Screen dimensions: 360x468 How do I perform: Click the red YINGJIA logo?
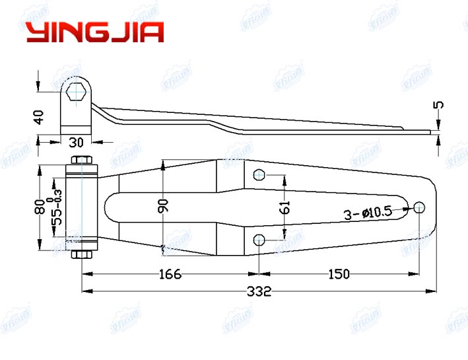tap(94, 32)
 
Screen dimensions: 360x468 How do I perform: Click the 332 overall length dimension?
tap(258, 291)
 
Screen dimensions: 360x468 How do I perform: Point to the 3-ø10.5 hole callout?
tap(368, 213)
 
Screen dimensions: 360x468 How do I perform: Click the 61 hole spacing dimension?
tap(284, 207)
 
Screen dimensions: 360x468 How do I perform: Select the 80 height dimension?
tap(40, 207)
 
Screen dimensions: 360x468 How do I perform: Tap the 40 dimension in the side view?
tap(39, 117)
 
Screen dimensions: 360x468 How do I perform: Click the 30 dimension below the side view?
tap(75, 141)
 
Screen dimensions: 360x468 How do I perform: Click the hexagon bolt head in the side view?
tap(77, 92)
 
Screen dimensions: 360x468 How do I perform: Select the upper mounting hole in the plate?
tap(259, 175)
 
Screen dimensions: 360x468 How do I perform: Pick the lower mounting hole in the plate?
tap(259, 238)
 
